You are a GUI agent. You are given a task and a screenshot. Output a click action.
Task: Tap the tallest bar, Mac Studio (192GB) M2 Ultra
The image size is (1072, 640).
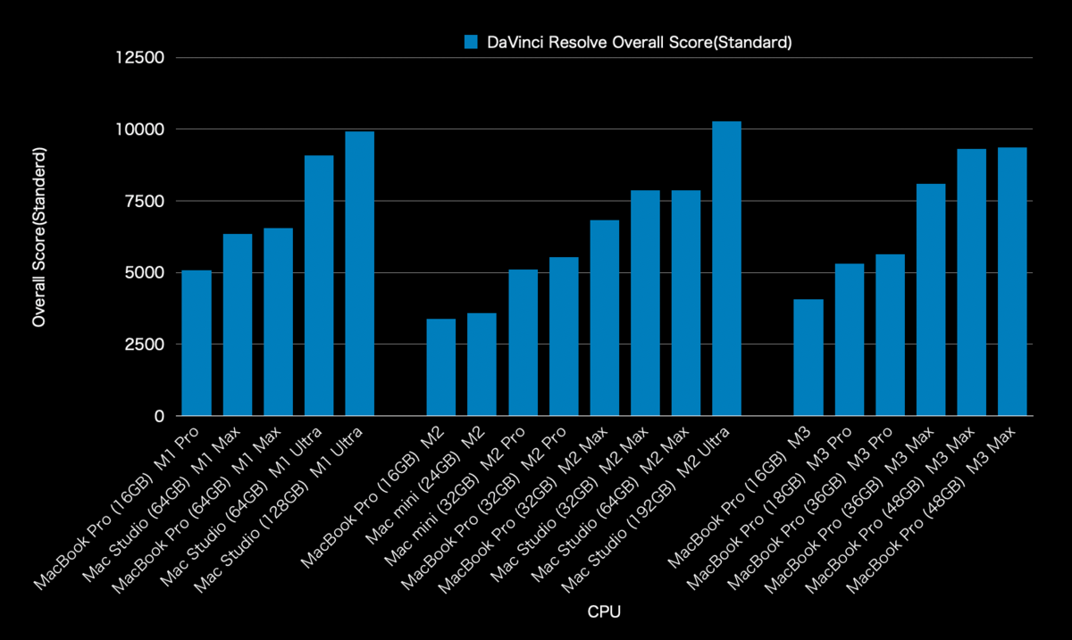pos(726,268)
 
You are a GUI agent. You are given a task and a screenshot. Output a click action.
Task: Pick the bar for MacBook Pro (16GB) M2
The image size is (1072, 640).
pos(440,367)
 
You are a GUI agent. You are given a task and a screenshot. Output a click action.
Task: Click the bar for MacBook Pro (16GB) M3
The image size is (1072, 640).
pos(808,357)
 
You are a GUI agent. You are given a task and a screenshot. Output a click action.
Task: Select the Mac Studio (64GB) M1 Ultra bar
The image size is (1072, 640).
pos(319,286)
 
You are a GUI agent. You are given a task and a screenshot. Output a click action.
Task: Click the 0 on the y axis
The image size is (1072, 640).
pos(160,416)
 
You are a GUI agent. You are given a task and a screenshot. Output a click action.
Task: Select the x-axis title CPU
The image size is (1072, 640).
pos(604,612)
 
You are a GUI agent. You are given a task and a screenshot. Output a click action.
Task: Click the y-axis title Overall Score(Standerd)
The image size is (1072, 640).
pos(39,237)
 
